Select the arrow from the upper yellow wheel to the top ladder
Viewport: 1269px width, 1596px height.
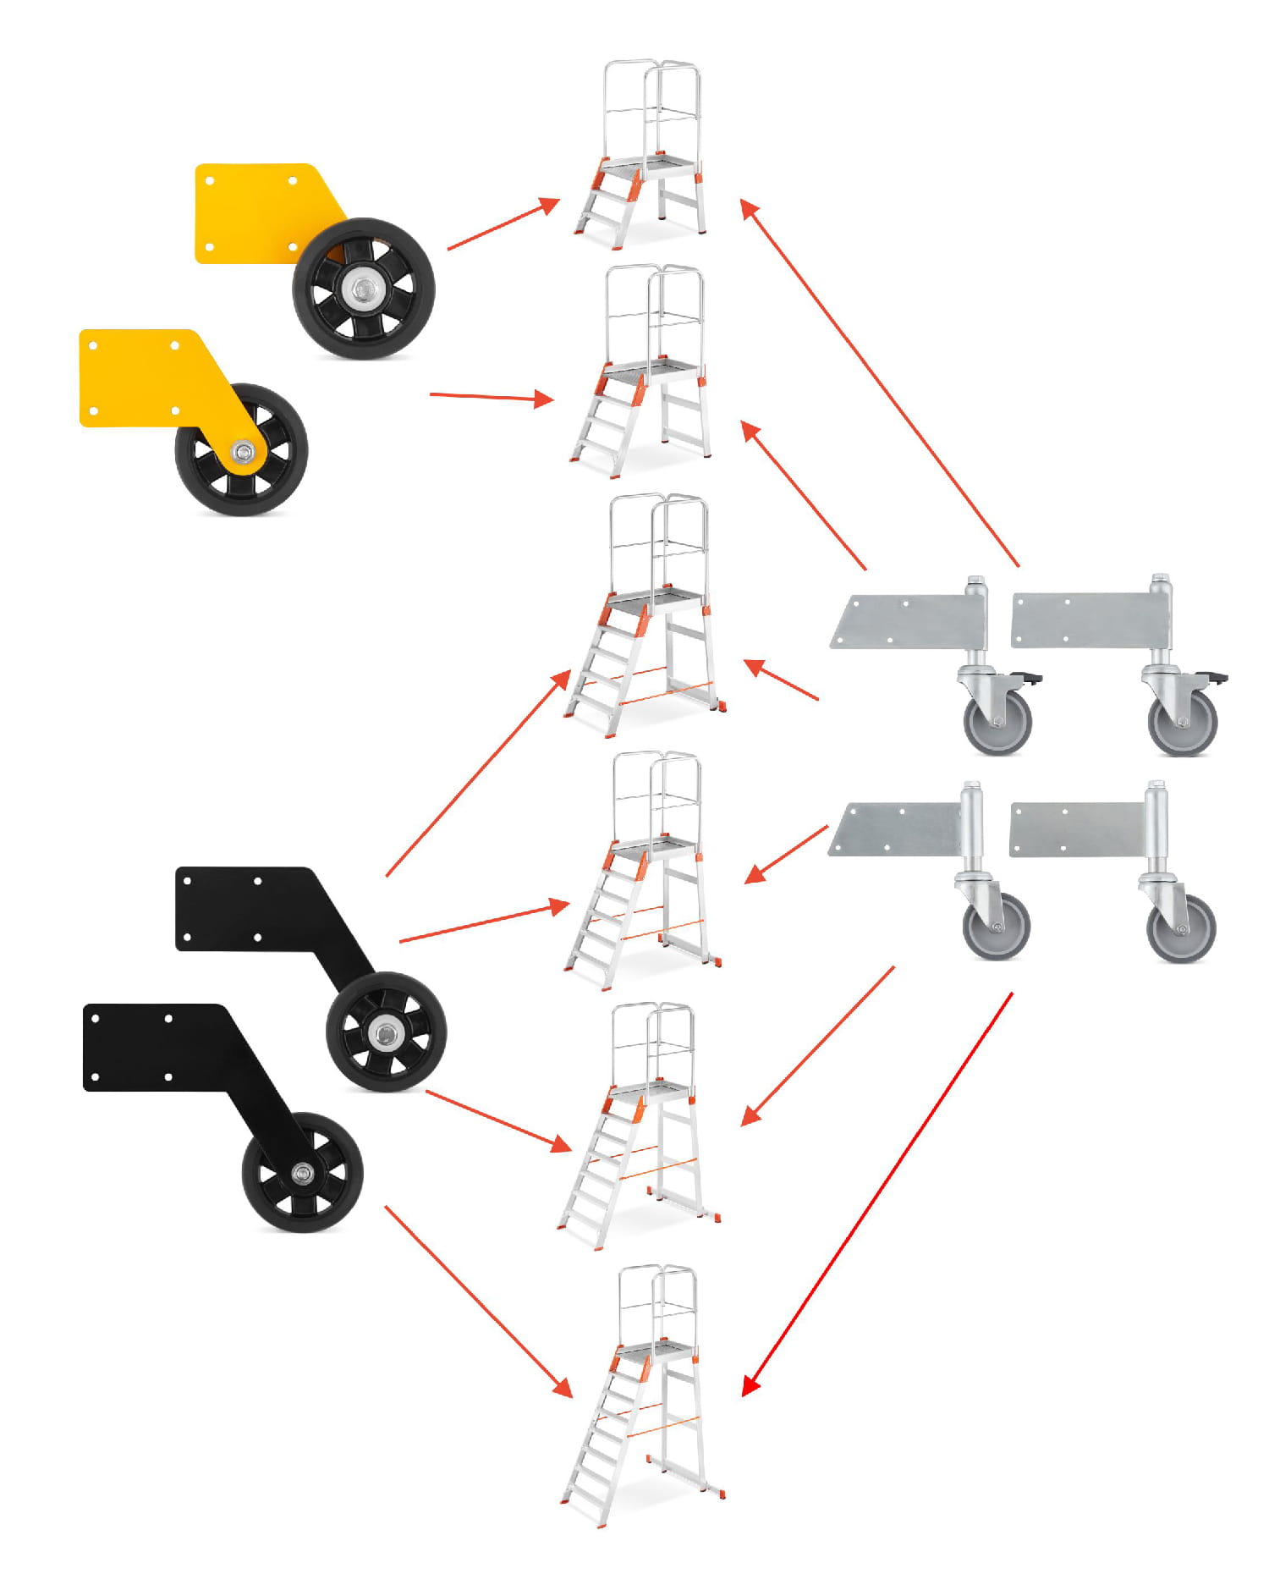503,224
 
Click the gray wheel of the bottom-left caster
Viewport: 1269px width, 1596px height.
996,927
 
